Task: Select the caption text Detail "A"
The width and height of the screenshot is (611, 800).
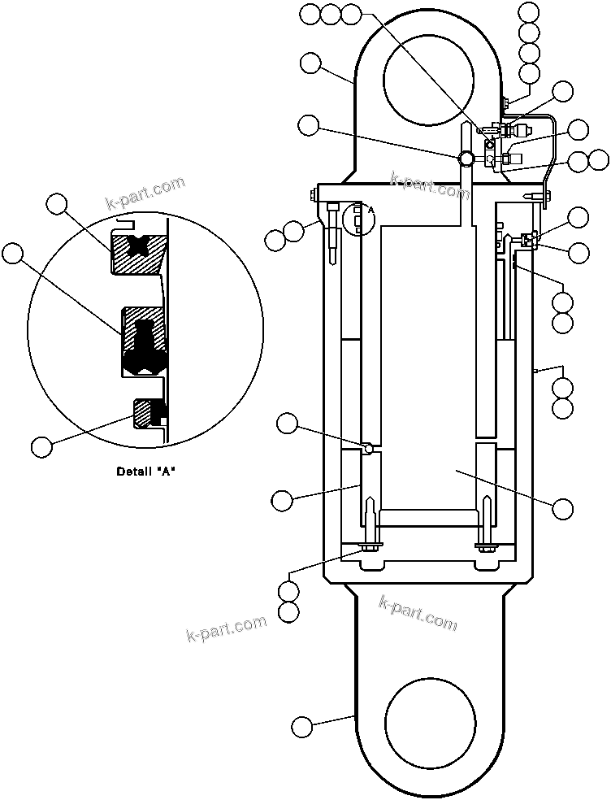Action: pyautogui.click(x=146, y=472)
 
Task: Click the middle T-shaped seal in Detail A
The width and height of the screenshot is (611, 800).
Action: pyautogui.click(x=145, y=341)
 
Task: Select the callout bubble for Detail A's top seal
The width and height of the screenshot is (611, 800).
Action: pyautogui.click(x=56, y=204)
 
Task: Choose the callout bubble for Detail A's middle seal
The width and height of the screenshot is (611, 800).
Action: pyautogui.click(x=13, y=253)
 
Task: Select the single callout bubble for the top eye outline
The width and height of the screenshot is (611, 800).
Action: pyautogui.click(x=310, y=63)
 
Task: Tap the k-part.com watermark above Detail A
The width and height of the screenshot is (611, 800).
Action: pyautogui.click(x=145, y=193)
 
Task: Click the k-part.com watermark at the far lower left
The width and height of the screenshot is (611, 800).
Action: pyautogui.click(x=227, y=628)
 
